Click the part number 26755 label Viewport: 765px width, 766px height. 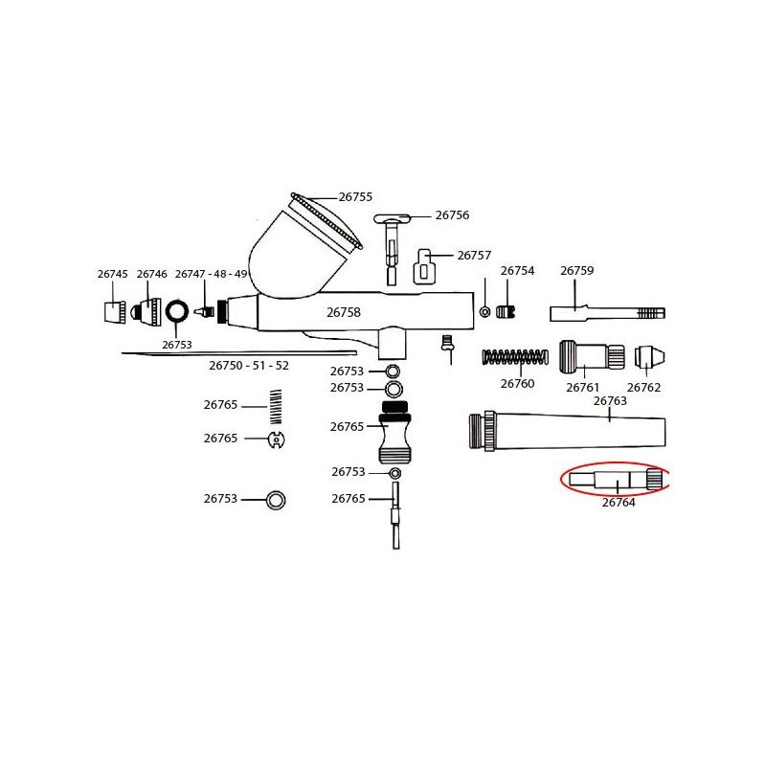(x=355, y=197)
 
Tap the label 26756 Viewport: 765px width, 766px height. (x=452, y=214)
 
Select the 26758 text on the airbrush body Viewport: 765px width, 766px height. (x=344, y=312)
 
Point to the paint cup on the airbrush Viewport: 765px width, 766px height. (x=304, y=246)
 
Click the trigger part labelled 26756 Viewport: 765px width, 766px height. (x=393, y=248)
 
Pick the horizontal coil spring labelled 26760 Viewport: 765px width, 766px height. (x=515, y=357)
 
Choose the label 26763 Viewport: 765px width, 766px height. (x=610, y=401)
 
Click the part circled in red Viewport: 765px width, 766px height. (x=616, y=479)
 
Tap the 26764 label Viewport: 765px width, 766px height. (x=619, y=502)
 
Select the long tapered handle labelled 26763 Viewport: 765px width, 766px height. (x=567, y=431)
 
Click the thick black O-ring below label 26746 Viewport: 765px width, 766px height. (x=176, y=312)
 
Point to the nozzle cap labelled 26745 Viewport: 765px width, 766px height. (x=115, y=312)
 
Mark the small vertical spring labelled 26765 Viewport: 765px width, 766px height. (x=276, y=406)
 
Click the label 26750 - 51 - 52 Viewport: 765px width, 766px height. (x=249, y=366)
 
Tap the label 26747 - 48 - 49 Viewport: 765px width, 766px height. (x=211, y=274)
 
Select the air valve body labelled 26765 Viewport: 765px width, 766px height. (x=394, y=432)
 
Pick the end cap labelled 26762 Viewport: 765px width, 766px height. (x=650, y=357)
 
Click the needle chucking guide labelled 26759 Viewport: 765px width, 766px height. (x=607, y=313)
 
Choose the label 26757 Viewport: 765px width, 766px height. (x=474, y=255)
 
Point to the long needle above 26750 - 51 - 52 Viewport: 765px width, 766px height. (x=239, y=352)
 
